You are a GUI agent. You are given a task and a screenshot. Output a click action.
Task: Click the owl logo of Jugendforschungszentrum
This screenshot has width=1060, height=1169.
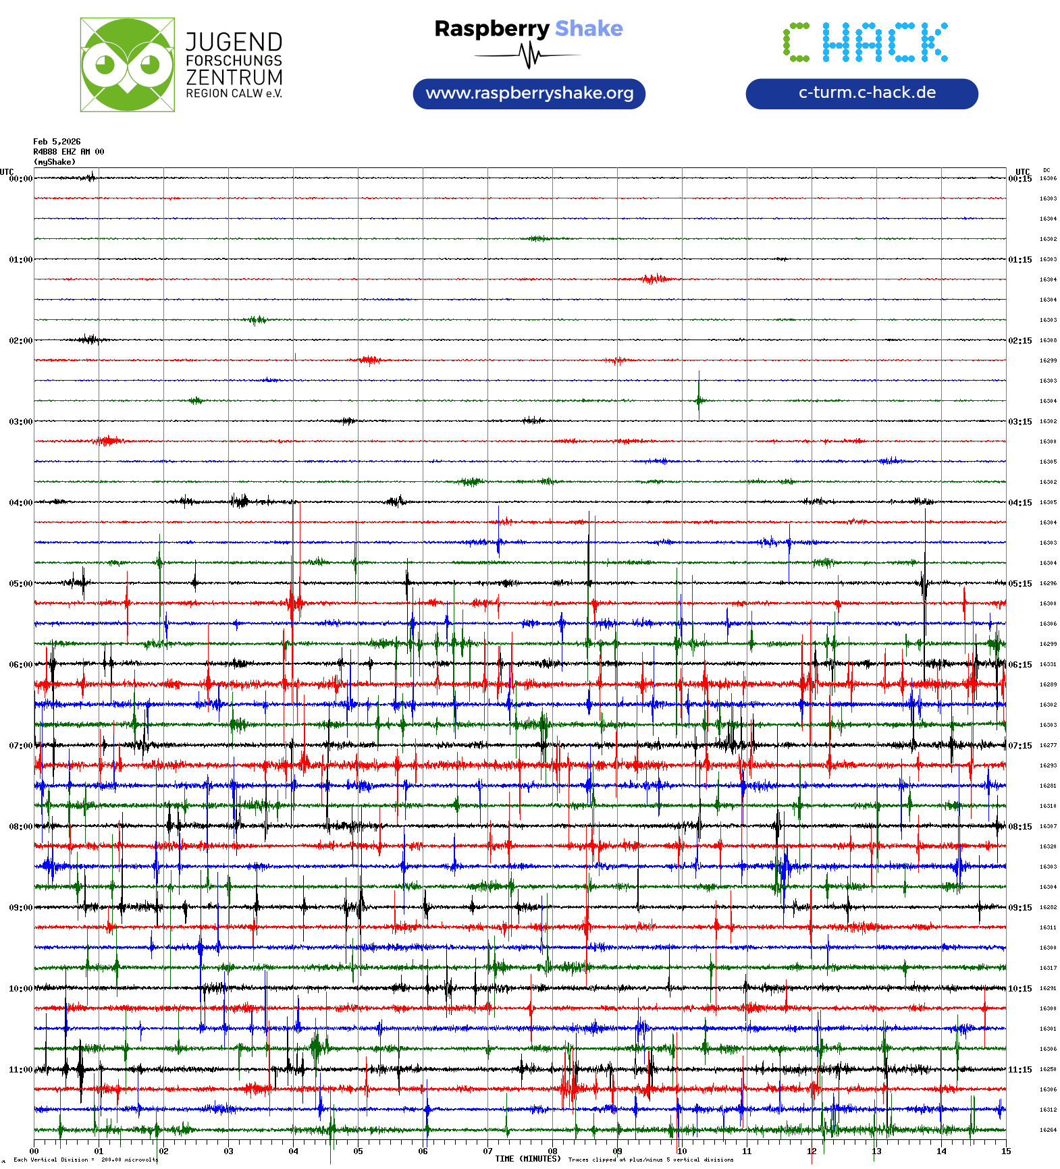point(127,65)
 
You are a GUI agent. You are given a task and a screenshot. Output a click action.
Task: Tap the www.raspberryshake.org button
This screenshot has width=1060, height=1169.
point(529,93)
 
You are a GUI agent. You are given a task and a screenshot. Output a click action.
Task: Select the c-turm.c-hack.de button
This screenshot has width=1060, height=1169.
point(862,93)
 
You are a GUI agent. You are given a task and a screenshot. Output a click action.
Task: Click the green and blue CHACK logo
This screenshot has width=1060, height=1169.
point(866,43)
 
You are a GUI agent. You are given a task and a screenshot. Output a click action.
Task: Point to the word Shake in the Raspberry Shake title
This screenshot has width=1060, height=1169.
point(589,28)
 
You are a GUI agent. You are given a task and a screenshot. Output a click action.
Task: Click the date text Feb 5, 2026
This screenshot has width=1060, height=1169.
point(57,142)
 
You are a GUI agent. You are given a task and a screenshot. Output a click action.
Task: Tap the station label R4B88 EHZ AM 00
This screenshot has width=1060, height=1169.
point(68,152)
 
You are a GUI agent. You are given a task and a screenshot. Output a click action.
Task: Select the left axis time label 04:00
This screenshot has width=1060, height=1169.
point(20,503)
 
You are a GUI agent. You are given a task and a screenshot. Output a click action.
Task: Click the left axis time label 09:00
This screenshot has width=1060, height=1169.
point(20,908)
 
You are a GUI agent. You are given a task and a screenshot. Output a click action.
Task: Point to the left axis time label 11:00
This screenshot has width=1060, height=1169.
point(20,1070)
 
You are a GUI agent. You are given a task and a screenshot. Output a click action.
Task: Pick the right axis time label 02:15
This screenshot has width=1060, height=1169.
point(1020,341)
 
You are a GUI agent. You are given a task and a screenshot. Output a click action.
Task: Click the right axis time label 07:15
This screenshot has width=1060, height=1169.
point(1020,746)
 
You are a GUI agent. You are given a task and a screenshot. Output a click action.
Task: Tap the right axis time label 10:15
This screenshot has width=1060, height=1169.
point(1020,989)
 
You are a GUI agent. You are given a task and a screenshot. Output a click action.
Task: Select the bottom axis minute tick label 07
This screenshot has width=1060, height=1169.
point(487,1151)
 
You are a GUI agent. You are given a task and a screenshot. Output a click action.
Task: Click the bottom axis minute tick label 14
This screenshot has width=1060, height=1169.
point(941,1151)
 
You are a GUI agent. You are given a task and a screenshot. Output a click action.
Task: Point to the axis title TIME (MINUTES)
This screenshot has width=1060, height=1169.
point(527,1159)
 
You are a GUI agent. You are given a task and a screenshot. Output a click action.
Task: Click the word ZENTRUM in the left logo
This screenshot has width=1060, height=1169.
point(234,78)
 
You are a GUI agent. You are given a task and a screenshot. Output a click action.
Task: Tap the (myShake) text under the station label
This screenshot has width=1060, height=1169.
point(55,162)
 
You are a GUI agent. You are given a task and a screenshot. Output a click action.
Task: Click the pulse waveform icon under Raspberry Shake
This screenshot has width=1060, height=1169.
point(529,55)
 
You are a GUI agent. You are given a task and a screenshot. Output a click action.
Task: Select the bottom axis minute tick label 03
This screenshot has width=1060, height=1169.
point(228,1151)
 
